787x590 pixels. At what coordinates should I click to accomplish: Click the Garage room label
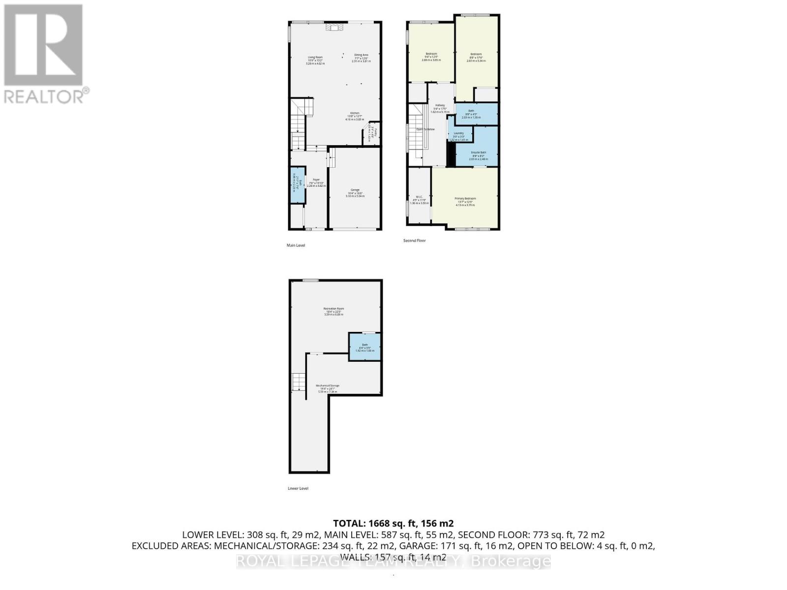point(355,190)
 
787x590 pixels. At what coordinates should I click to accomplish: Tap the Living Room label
point(315,58)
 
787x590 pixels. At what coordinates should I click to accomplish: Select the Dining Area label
point(362,55)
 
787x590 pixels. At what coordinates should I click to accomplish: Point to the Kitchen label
point(355,113)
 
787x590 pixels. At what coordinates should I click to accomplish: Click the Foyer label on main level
point(316,180)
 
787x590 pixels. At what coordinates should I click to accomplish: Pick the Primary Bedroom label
point(465,199)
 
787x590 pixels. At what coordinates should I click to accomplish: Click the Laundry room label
point(459,133)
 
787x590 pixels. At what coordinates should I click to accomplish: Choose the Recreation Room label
point(334,309)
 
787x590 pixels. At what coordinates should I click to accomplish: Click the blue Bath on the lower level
point(365,347)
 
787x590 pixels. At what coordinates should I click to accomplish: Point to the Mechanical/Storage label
point(328,386)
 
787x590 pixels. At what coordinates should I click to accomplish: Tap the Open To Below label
point(425,129)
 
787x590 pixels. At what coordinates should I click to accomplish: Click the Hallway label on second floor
point(440,106)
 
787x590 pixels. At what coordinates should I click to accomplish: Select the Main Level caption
point(296,245)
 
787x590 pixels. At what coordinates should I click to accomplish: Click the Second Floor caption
point(415,241)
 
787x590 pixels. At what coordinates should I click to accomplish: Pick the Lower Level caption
point(298,489)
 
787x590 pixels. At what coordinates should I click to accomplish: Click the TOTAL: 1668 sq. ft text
point(393,523)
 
